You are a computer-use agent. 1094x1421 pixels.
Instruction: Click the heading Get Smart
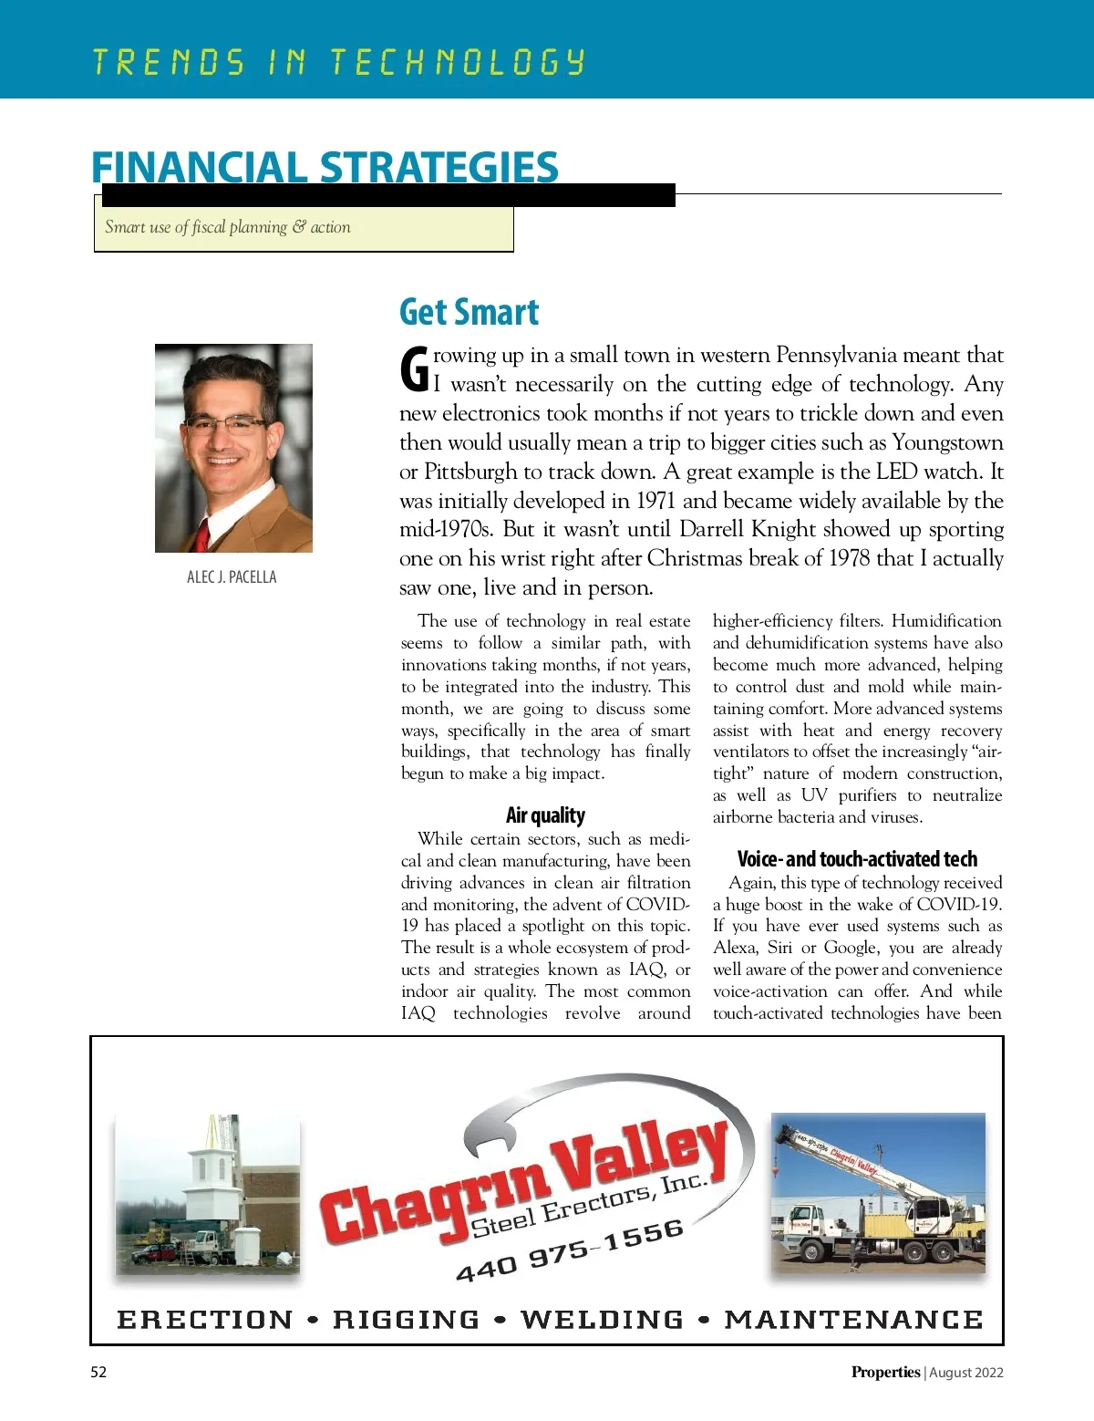click(x=469, y=312)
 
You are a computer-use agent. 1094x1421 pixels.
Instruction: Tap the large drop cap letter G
click(x=415, y=370)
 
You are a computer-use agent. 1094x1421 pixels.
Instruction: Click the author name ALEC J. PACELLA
click(x=232, y=577)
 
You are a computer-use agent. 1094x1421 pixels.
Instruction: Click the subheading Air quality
click(x=545, y=815)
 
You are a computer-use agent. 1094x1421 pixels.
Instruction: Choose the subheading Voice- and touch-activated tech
click(x=857, y=859)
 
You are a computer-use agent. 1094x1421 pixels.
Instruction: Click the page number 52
click(x=98, y=1372)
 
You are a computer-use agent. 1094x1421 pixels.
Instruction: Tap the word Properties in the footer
click(x=885, y=1372)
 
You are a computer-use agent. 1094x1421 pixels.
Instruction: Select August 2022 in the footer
click(x=966, y=1372)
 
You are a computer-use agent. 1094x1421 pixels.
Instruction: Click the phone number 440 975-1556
click(x=570, y=1250)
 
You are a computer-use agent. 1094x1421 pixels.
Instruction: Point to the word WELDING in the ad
click(x=602, y=1320)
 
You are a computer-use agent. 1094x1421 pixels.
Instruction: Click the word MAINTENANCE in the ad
click(x=854, y=1320)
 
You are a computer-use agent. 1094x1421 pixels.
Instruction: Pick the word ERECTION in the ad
click(x=205, y=1320)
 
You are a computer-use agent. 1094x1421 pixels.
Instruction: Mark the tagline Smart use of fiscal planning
click(x=227, y=227)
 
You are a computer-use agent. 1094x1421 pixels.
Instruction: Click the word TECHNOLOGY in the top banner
click(x=457, y=62)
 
